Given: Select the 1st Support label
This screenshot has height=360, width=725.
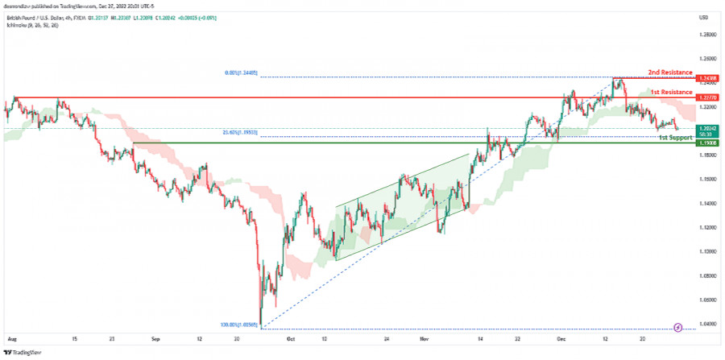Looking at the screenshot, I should point(675,138).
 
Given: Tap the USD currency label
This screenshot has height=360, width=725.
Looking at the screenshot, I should point(703,18).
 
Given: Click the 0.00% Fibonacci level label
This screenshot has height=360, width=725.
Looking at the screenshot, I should point(242,72).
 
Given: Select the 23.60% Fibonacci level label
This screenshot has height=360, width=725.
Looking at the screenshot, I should point(242,132).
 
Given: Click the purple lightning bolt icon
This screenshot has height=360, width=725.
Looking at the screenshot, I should point(678,327).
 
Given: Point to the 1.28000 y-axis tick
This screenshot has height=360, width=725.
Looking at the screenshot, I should point(709,35).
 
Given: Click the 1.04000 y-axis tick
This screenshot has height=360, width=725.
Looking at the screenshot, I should point(709,324).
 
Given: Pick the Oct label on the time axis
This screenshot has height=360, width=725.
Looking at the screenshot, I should point(290,340).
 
